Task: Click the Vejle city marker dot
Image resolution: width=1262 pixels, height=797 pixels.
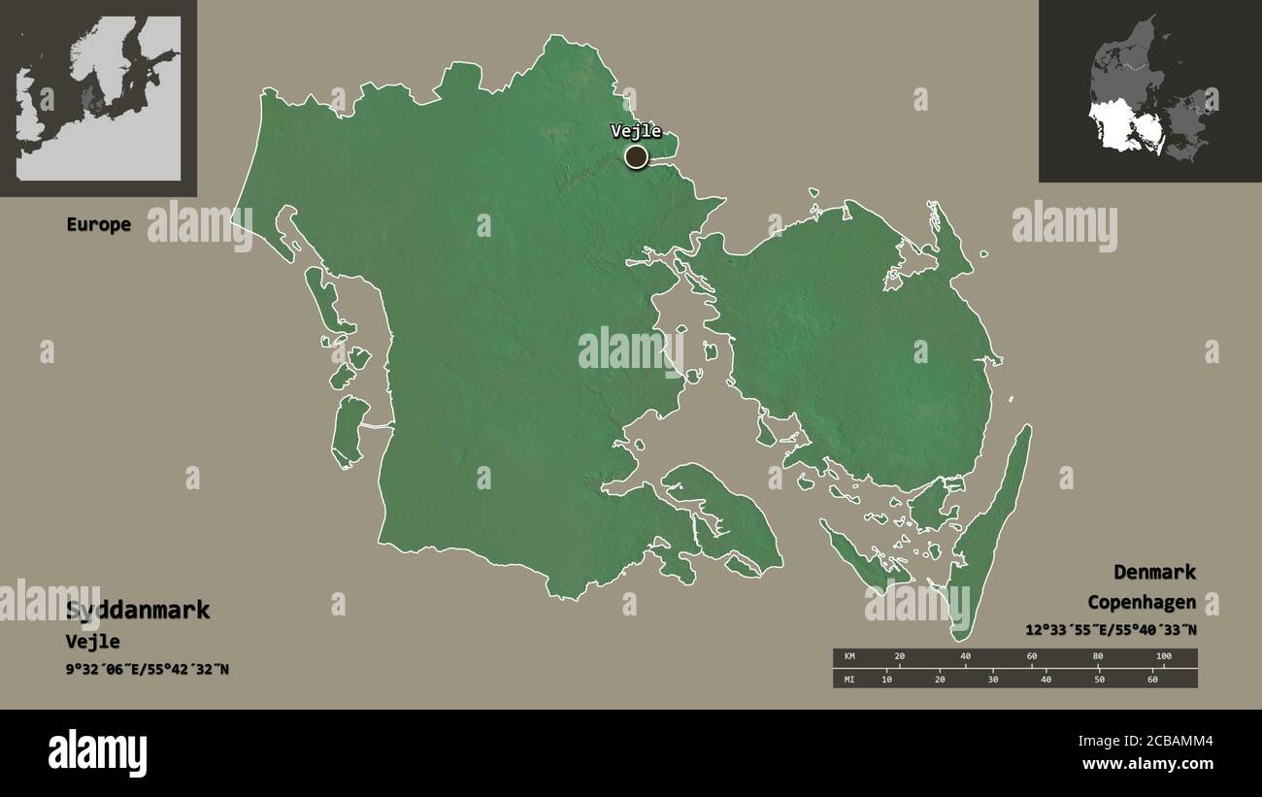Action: [x=636, y=156]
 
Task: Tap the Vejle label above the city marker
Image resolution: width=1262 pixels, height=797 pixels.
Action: [x=636, y=131]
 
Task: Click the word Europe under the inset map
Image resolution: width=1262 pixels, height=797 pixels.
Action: [x=98, y=224]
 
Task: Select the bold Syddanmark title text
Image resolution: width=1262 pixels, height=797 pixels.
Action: [x=138, y=611]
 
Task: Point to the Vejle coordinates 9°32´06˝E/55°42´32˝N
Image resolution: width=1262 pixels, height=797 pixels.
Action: [x=148, y=669]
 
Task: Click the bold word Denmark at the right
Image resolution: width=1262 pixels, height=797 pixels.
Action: [x=1154, y=572]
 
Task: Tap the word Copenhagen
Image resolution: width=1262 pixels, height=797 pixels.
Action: [x=1141, y=602]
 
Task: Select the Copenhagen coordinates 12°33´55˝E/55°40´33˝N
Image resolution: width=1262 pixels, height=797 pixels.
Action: [x=1111, y=629]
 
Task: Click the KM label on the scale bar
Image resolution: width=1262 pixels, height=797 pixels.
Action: [x=849, y=657]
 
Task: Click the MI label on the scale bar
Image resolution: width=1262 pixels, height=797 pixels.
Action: [x=849, y=679]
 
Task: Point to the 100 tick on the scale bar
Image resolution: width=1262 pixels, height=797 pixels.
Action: [x=1163, y=657]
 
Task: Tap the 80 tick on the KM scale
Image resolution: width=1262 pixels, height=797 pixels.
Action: [x=1098, y=657]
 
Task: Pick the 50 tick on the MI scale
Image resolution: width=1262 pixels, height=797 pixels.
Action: [x=1099, y=679]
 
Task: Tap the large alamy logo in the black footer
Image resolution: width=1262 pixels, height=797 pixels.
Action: [x=97, y=753]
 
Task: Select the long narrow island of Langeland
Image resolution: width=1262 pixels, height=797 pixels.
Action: [x=990, y=534]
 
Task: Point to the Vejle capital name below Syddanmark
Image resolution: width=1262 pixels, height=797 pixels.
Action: [x=93, y=642]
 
